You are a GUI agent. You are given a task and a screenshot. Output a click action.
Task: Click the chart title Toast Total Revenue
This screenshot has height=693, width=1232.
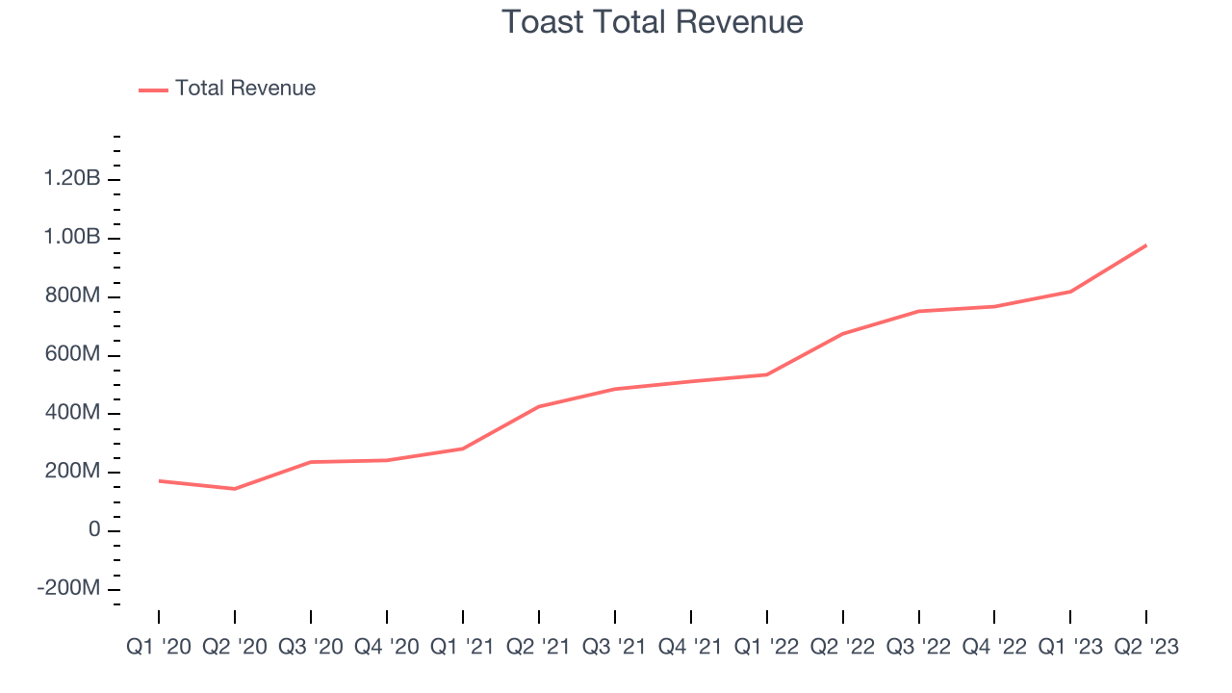(653, 21)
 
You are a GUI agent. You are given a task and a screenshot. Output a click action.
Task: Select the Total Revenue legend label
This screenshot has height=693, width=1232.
(244, 89)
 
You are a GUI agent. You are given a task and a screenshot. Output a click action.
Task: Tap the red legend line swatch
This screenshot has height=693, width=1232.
(154, 90)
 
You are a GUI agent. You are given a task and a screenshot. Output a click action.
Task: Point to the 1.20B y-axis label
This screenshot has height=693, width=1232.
(71, 179)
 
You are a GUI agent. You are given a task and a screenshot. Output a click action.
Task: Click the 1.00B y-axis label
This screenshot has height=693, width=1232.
(71, 238)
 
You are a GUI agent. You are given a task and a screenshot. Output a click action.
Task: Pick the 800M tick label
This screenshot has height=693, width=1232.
(73, 296)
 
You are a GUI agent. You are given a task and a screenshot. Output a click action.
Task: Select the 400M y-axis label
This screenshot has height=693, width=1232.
(73, 413)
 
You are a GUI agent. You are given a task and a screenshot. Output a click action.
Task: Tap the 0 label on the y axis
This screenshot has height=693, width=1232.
(93, 530)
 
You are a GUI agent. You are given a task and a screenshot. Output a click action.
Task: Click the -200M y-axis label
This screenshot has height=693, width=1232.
(68, 589)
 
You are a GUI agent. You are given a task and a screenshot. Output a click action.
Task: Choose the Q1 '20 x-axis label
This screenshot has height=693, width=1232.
(159, 647)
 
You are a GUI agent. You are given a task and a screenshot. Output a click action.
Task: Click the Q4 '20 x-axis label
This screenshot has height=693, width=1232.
(387, 647)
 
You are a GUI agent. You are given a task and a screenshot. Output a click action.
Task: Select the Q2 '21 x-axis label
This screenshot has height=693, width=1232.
(539, 647)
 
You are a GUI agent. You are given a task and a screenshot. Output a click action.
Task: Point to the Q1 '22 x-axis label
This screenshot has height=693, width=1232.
(767, 647)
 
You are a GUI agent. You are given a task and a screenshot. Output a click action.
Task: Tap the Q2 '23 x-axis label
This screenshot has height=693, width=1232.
(1145, 647)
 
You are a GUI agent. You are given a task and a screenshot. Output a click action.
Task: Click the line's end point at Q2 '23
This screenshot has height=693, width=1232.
(1145, 245)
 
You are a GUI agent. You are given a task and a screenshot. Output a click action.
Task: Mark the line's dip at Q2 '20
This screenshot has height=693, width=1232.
(235, 489)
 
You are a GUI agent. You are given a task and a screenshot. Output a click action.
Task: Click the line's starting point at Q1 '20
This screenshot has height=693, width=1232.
(159, 480)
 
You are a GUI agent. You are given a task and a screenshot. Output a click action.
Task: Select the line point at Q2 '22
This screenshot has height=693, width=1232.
(843, 334)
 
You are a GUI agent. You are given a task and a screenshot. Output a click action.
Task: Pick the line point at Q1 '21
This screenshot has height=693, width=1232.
(463, 449)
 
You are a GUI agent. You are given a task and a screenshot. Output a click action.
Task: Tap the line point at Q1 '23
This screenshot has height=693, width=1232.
(1070, 292)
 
